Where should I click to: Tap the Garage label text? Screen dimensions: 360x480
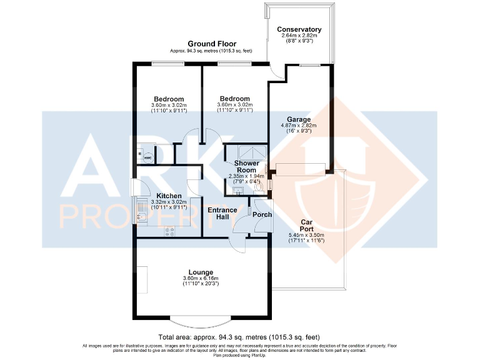click(299, 119)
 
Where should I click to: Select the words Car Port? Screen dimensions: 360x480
click(306, 226)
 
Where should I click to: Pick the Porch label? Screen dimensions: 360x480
click(262, 214)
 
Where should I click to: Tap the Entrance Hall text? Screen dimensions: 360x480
click(222, 214)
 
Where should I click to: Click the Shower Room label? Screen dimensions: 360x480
click(246, 167)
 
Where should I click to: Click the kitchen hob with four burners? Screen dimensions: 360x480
click(170, 231)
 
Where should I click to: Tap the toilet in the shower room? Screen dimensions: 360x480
click(259, 185)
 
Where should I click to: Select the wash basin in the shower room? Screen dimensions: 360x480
click(238, 191)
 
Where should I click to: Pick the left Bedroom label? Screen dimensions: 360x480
click(169, 99)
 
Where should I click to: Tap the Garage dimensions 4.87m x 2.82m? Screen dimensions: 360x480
click(299, 125)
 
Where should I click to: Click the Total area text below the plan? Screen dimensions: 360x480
click(239, 336)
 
